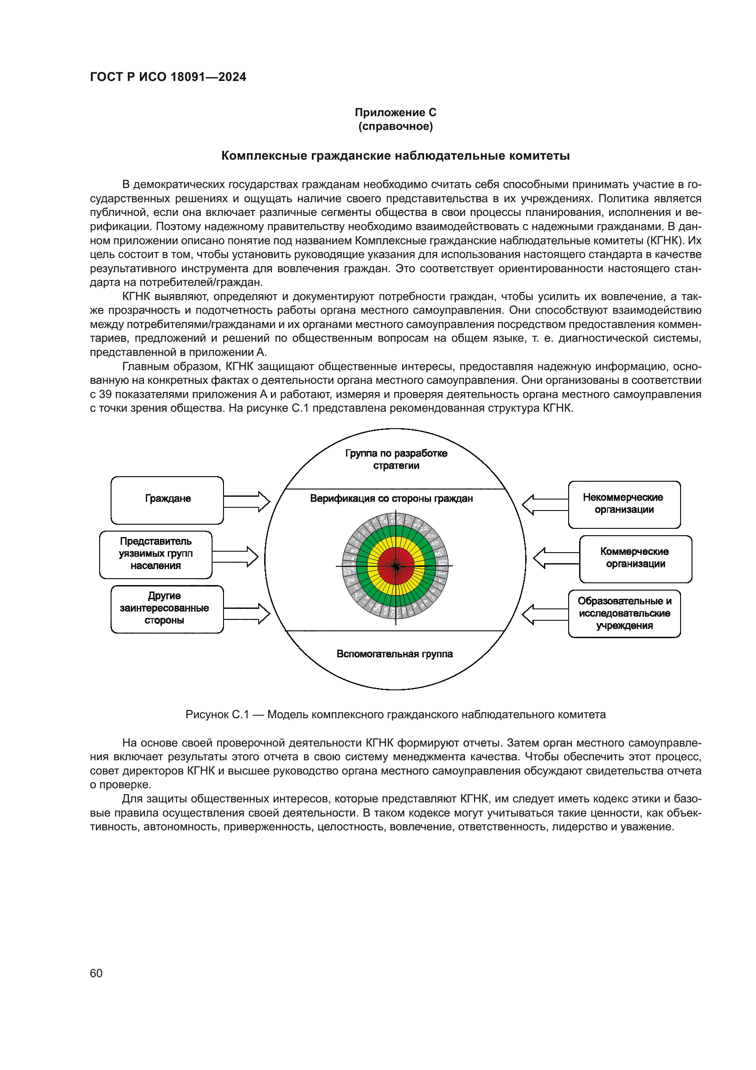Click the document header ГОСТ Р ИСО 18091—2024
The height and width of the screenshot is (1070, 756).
tap(168, 77)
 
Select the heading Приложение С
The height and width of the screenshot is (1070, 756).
tap(395, 113)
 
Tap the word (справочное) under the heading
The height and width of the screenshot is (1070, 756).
tap(395, 126)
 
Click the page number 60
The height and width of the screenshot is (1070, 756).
tap(96, 973)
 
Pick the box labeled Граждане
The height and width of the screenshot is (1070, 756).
tap(167, 500)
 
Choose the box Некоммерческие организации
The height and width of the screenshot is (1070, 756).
tap(624, 504)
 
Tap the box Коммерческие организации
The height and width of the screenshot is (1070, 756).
tap(635, 559)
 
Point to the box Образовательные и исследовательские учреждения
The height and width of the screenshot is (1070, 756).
tap(624, 613)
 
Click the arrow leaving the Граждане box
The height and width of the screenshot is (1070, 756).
tap(247, 501)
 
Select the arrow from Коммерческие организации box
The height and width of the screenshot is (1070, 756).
tap(556, 558)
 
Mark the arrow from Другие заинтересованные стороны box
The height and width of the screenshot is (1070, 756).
tap(247, 614)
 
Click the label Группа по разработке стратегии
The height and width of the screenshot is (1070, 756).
tap(396, 459)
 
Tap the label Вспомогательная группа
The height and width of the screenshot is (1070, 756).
tap(394, 654)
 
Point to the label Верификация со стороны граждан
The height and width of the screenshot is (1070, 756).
tap(391, 499)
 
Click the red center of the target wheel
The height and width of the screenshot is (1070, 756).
tap(396, 566)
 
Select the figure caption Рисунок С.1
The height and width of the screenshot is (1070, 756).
tap(395, 715)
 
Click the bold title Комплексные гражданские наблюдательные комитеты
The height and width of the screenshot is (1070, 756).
tap(395, 156)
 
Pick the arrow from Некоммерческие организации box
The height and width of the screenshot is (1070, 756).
tap(545, 504)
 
